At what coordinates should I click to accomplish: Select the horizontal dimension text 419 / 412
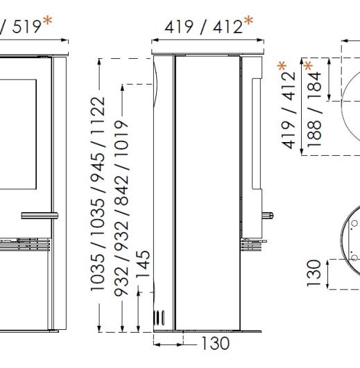tap(201, 27)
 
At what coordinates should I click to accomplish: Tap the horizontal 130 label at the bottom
tap(213, 342)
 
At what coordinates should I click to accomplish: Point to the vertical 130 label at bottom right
tap(314, 272)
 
